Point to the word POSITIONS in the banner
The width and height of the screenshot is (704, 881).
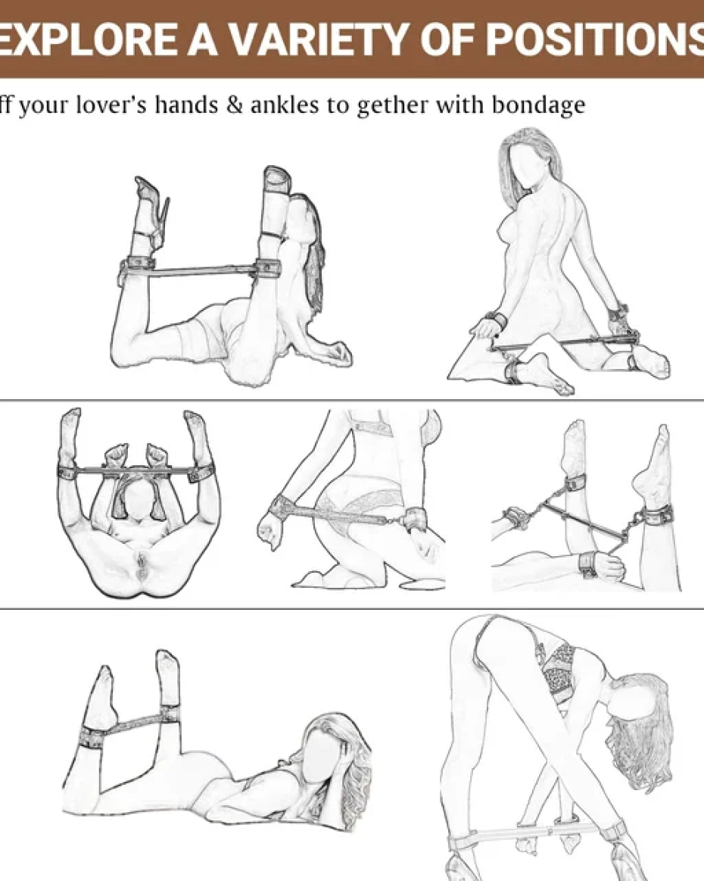tap(594, 40)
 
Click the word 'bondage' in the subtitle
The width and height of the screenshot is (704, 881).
tap(538, 106)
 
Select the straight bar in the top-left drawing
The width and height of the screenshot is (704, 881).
tap(203, 270)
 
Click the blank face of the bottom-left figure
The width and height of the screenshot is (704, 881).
tap(324, 760)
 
